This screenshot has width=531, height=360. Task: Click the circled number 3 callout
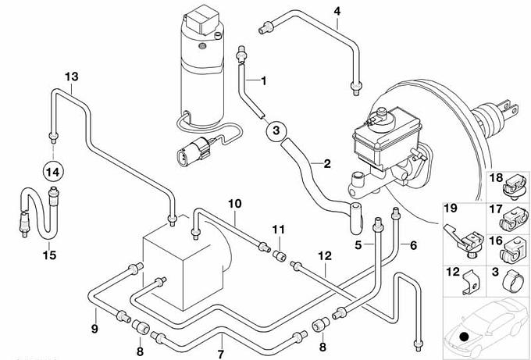(x=276, y=131)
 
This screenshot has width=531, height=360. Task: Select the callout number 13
(x=72, y=77)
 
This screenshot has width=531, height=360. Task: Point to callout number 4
(x=337, y=11)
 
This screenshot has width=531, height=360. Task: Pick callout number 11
(x=278, y=228)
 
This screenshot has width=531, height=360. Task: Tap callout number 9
(x=94, y=329)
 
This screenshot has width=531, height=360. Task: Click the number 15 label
(x=48, y=255)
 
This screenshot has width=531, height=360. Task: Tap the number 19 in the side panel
(x=450, y=209)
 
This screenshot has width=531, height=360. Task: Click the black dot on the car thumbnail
(x=465, y=337)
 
